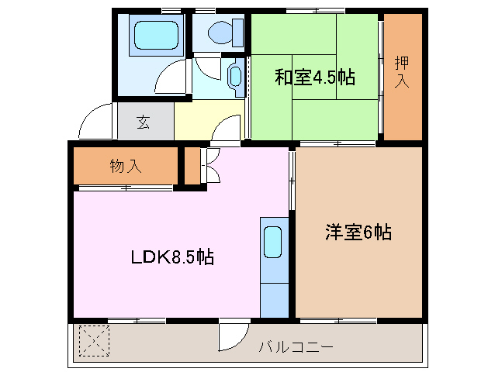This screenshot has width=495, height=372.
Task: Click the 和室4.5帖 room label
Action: click(314, 77)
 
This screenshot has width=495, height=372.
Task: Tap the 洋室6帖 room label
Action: click(358, 231)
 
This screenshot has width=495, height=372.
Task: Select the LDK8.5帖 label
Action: click(171, 257)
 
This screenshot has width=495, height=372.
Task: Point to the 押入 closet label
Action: click(402, 71)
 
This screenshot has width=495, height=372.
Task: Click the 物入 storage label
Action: click(126, 165)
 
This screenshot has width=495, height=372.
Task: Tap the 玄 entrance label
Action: click(144, 121)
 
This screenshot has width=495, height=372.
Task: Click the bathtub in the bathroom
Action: click(155, 35)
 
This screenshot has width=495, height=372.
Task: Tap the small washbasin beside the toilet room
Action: click(235, 75)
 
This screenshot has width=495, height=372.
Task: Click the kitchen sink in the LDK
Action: click(273, 243)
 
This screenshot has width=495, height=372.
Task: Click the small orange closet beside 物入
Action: click(191, 165)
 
